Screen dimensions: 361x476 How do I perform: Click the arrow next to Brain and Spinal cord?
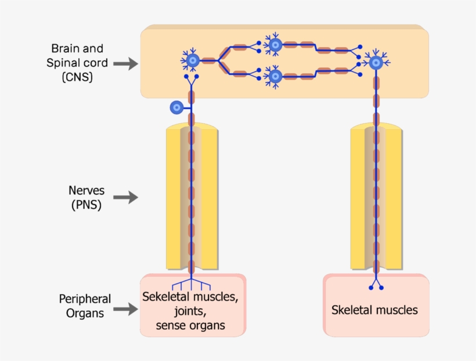point(125,63)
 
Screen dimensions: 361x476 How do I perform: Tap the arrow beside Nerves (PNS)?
point(125,198)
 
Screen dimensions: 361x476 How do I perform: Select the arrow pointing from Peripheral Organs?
point(125,309)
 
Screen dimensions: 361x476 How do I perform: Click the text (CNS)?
point(77,77)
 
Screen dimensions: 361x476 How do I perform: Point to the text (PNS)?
point(85,205)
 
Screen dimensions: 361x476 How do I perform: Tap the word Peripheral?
point(85,299)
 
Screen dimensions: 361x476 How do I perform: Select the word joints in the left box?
point(190,311)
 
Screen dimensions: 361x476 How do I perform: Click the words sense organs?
point(190,326)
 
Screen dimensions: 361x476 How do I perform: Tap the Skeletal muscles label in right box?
point(374,310)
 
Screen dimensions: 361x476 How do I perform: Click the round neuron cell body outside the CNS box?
point(176,107)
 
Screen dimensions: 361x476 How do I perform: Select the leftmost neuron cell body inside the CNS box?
point(192,60)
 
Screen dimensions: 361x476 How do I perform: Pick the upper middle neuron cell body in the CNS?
point(275,45)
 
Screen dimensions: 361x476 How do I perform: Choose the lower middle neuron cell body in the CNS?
point(275,76)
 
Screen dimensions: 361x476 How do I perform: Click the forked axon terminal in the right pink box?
point(376,284)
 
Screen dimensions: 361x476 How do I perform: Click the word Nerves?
point(86,191)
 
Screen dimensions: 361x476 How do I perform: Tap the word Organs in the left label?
point(85,313)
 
